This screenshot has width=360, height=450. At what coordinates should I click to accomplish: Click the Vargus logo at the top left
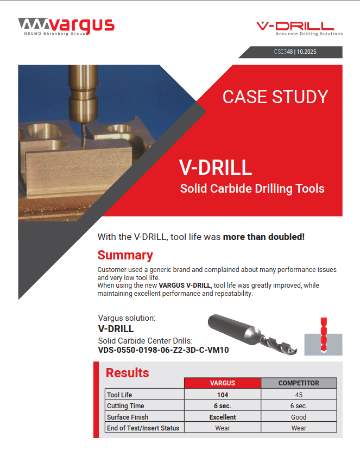66,26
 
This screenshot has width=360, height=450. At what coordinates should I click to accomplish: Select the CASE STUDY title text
275,97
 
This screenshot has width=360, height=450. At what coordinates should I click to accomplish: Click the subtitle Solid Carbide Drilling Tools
252,189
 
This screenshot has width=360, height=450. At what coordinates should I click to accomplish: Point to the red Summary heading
125,255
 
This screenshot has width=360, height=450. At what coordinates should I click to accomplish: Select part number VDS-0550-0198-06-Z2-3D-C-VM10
163,350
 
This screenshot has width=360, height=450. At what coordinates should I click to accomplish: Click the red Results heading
127,373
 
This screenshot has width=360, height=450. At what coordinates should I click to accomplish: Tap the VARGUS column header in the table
223,383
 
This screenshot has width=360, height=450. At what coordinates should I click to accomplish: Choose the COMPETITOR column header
299,383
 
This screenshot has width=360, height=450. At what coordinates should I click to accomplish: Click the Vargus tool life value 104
223,395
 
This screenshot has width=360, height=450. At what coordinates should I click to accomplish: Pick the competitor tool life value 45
299,395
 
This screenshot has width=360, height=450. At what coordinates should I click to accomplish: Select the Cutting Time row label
125,406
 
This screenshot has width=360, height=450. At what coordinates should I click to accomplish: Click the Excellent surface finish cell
223,417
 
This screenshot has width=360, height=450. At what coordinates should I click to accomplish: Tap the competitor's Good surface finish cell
299,417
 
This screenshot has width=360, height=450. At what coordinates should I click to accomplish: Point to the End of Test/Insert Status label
143,428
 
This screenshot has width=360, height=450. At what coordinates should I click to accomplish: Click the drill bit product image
253,333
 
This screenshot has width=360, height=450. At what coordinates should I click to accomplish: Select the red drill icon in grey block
323,336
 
